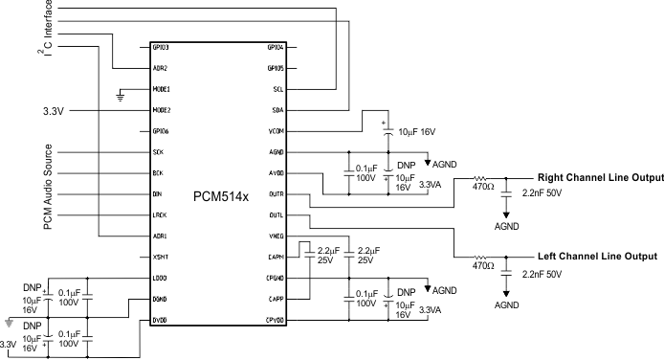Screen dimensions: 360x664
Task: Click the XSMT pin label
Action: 160,258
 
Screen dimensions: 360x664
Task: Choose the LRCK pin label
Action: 160,215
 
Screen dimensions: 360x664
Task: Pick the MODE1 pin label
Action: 162,89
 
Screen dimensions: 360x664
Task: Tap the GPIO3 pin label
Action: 161,47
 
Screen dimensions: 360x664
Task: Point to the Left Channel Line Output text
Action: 596,257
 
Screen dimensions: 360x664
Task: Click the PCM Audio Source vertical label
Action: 47,187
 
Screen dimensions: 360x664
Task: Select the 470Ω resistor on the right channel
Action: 480,179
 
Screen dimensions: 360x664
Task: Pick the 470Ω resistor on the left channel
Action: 480,258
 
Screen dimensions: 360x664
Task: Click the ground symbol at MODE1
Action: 119,95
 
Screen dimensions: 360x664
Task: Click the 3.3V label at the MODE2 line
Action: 54,111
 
